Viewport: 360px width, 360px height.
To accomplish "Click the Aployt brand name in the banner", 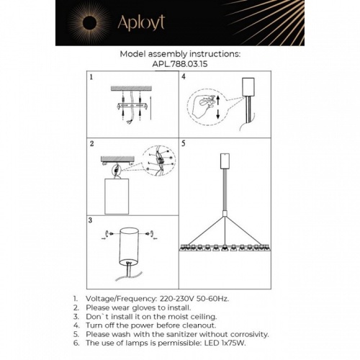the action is pyautogui.click(x=141, y=23).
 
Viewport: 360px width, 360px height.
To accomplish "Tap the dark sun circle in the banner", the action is pyautogui.click(x=89, y=23).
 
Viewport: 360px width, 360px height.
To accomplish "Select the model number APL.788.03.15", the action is pyautogui.click(x=180, y=64).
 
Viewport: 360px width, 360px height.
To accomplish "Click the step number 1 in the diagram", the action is pyautogui.click(x=91, y=77).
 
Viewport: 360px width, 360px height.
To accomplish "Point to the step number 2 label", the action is pyautogui.click(x=91, y=144).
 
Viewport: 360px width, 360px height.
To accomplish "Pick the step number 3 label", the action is pyautogui.click(x=90, y=220).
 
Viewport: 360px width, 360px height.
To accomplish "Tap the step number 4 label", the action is pyautogui.click(x=184, y=77).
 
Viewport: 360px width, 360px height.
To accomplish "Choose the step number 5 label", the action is pyautogui.click(x=184, y=143).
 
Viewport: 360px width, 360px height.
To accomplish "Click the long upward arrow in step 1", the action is pyautogui.click(x=150, y=108).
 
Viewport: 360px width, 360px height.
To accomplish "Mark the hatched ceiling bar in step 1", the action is pyautogui.click(x=131, y=89).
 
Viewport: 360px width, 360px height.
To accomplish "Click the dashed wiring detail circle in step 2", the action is pyautogui.click(x=159, y=161).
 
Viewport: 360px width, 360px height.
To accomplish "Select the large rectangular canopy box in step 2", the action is pyautogui.click(x=117, y=197).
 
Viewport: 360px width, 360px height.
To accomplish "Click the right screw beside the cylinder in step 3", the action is pyautogui.click(x=152, y=233).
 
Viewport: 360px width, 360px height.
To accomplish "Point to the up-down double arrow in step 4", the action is pyautogui.click(x=218, y=107).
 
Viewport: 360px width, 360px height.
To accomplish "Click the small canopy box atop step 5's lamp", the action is pyautogui.click(x=225, y=161).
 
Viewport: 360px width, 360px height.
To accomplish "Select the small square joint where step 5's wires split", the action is pyautogui.click(x=225, y=214).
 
